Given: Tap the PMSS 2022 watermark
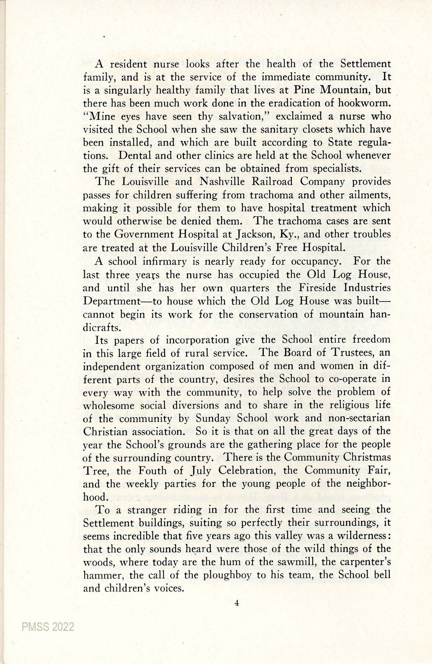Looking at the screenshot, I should pyautogui.click(x=48, y=627).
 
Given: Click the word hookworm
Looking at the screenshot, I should pyautogui.click(x=364, y=103).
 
